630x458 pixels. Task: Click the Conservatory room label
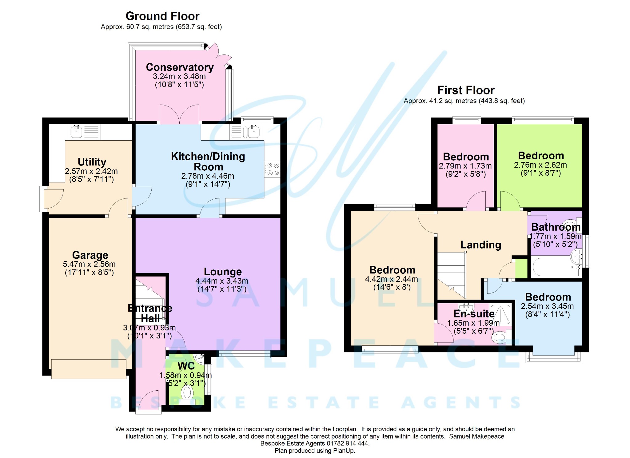(x=180, y=67)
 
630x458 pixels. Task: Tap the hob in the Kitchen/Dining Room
(x=272, y=169)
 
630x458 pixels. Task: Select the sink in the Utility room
(x=76, y=132)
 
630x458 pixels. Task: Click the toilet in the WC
(x=187, y=393)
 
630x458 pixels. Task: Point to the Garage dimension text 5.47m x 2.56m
(x=89, y=264)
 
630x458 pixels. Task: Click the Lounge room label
(x=223, y=272)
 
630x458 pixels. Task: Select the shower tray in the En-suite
(x=500, y=314)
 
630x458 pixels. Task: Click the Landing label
(x=480, y=245)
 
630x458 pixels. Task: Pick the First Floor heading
(x=466, y=90)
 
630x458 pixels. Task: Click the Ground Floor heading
(x=162, y=16)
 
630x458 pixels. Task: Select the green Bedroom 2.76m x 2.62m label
(x=541, y=156)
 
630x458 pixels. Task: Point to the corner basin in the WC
(x=200, y=358)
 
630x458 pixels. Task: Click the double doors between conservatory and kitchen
(x=179, y=115)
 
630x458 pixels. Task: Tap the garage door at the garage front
(x=89, y=369)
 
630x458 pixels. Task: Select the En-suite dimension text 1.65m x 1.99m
(x=473, y=323)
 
